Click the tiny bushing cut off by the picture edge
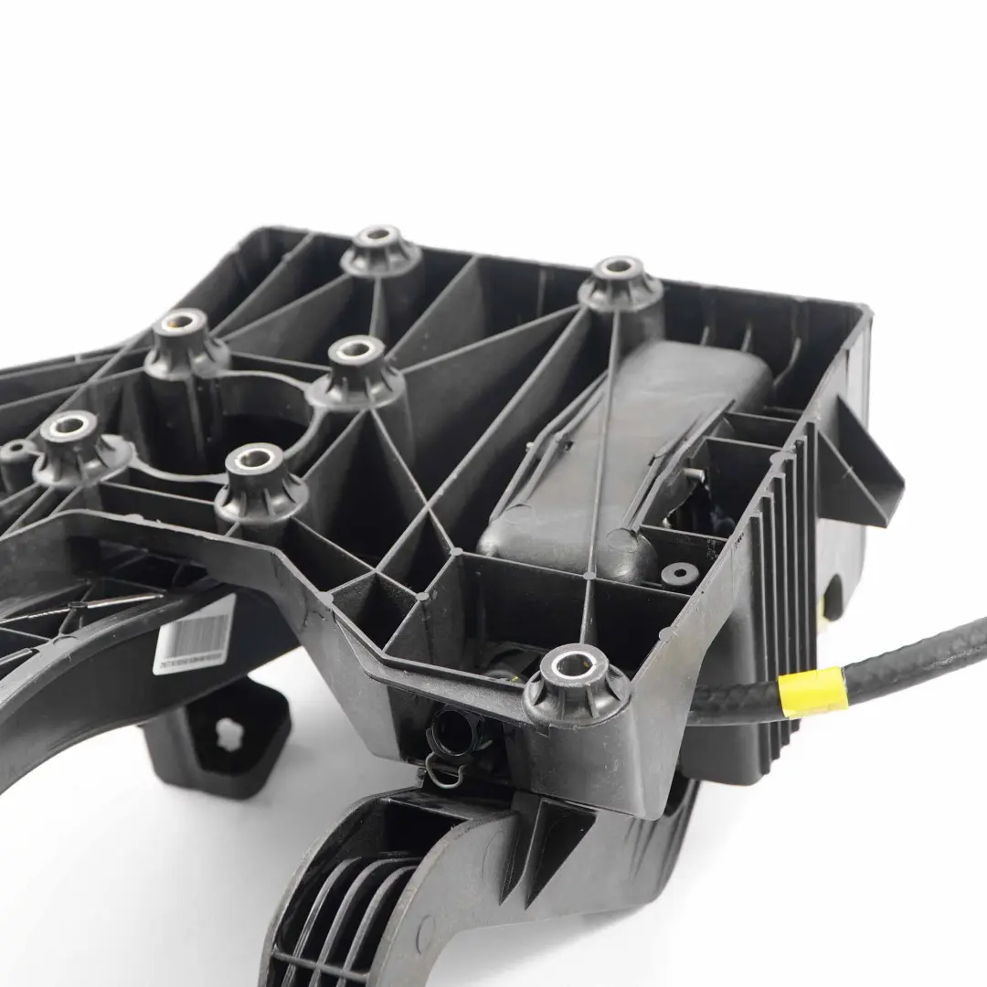[13, 451]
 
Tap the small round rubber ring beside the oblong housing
[680, 574]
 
